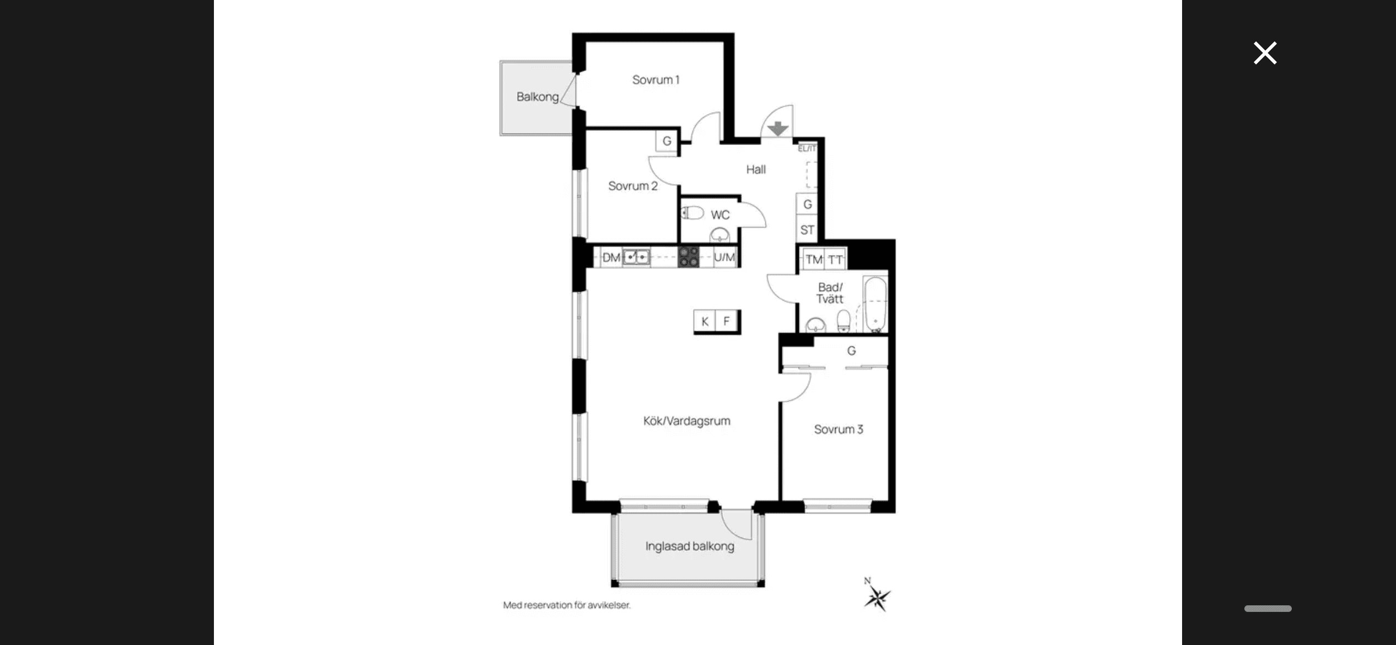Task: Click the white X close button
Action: pyautogui.click(x=1265, y=53)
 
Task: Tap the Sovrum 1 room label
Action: pyautogui.click(x=656, y=80)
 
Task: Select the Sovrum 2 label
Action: pyautogui.click(x=633, y=186)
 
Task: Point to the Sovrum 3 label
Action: pyautogui.click(x=839, y=429)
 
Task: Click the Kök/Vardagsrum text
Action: pyautogui.click(x=687, y=421)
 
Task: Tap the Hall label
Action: pyautogui.click(x=756, y=170)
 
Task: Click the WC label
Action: pyautogui.click(x=720, y=215)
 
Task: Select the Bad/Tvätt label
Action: pyautogui.click(x=830, y=293)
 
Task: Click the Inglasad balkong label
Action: pyautogui.click(x=690, y=546)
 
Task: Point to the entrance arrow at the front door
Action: pyautogui.click(x=778, y=129)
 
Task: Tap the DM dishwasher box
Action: pyautogui.click(x=611, y=257)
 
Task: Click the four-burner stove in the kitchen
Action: pyautogui.click(x=689, y=257)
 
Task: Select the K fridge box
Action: pyautogui.click(x=705, y=321)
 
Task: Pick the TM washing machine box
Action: pyautogui.click(x=814, y=260)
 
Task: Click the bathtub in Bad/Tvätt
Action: pyautogui.click(x=875, y=305)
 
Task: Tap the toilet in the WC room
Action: pyautogui.click(x=692, y=213)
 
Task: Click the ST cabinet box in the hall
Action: pyautogui.click(x=807, y=230)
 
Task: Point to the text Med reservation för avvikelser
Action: pyautogui.click(x=567, y=605)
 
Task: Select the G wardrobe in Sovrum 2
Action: pyautogui.click(x=667, y=141)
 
